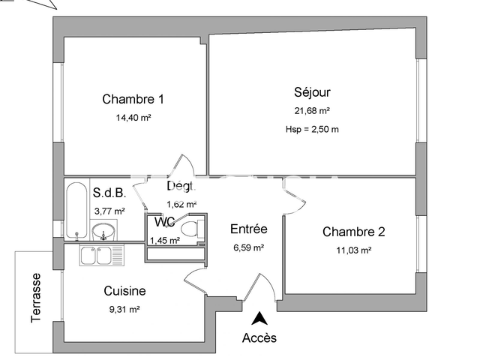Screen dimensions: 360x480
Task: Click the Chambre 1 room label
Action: coord(133,99)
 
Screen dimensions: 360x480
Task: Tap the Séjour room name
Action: coord(312,93)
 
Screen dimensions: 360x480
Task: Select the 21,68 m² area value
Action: coord(312,111)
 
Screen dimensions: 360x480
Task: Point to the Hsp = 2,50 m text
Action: coord(312,129)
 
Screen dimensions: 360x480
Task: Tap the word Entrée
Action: coord(248,229)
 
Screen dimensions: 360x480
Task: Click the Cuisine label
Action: coord(124,291)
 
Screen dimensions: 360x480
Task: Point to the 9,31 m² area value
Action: coord(124,308)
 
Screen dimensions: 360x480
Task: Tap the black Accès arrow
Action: coord(259,318)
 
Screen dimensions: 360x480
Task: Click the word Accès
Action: coord(259,337)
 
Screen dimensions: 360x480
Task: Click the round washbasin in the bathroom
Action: coord(104,229)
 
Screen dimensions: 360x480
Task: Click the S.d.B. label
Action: coord(109,193)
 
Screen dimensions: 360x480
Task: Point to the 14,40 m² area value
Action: coord(133,118)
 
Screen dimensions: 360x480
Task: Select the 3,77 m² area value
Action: coord(109,211)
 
